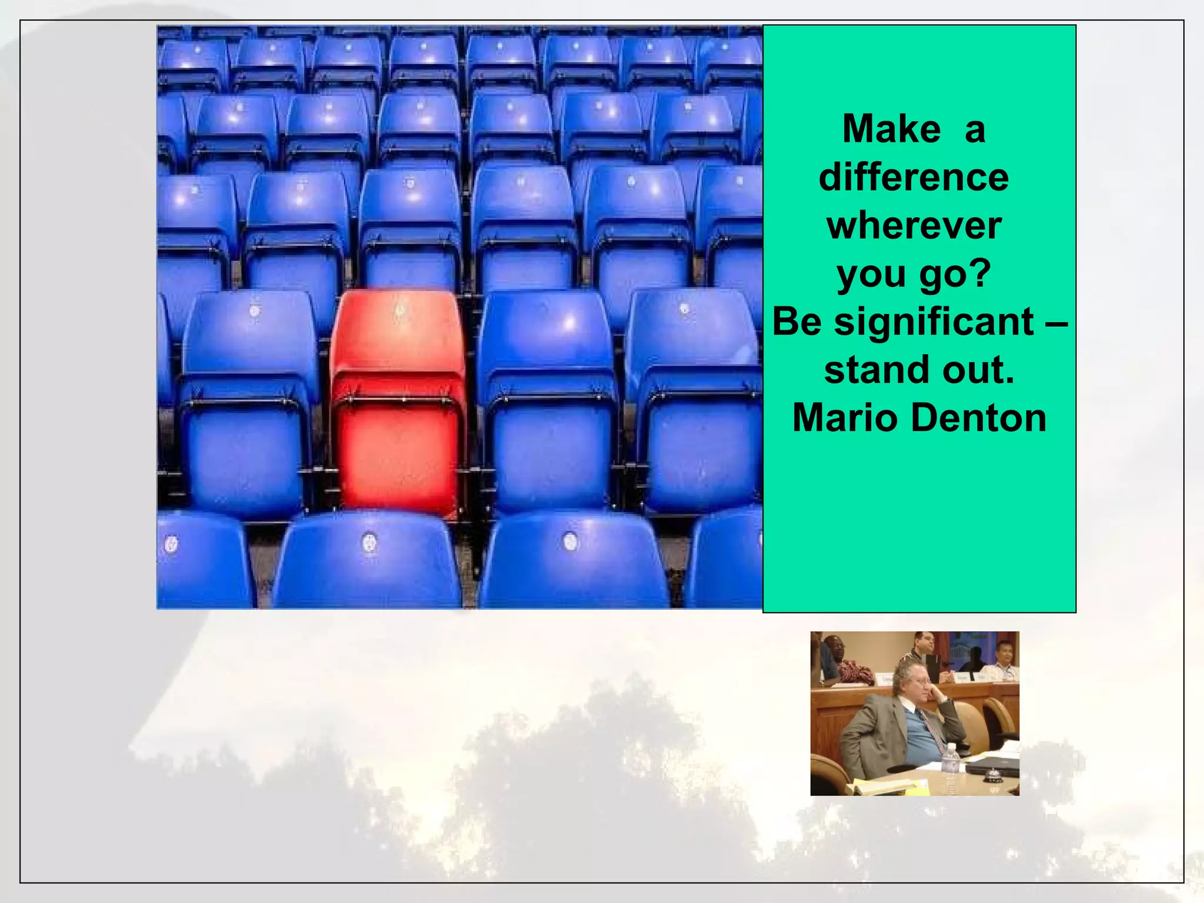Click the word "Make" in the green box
tap(891, 129)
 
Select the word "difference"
tap(914, 177)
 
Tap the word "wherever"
tap(914, 226)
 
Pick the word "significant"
tap(934, 322)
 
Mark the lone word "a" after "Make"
tap(974, 130)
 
